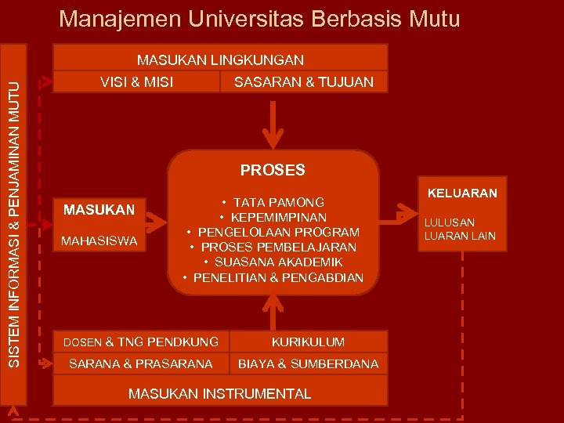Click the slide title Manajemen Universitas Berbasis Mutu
259,18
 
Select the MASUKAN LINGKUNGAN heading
220,60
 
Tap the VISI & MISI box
137,81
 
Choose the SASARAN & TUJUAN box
304,81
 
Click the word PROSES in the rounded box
273,170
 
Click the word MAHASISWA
99,240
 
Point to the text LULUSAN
450,222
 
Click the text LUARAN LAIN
460,236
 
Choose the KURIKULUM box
308,342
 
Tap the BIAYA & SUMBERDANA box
308,363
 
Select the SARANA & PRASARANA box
141,363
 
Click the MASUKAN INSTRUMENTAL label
219,393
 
